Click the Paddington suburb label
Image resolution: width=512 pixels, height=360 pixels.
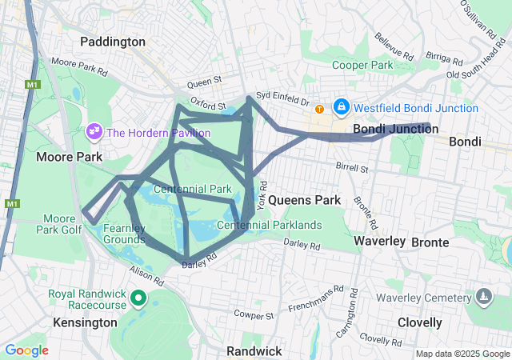(x=113, y=42)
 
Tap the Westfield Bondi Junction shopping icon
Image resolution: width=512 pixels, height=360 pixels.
(x=341, y=106)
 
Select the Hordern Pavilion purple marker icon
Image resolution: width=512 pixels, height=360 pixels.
(x=94, y=130)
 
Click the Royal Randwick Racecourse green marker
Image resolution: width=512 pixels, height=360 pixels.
(x=138, y=298)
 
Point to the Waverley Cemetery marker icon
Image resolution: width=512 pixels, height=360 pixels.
(x=483, y=298)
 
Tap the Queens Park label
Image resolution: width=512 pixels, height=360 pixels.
(x=304, y=199)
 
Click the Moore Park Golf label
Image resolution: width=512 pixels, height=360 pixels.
(x=58, y=224)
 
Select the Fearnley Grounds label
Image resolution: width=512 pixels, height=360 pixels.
(x=124, y=234)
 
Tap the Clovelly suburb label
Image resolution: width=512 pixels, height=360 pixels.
(x=419, y=322)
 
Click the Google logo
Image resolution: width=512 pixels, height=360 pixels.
(x=26, y=350)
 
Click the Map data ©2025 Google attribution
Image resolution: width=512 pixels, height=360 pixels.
(x=462, y=354)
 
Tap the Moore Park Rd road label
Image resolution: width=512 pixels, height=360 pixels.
(x=78, y=66)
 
